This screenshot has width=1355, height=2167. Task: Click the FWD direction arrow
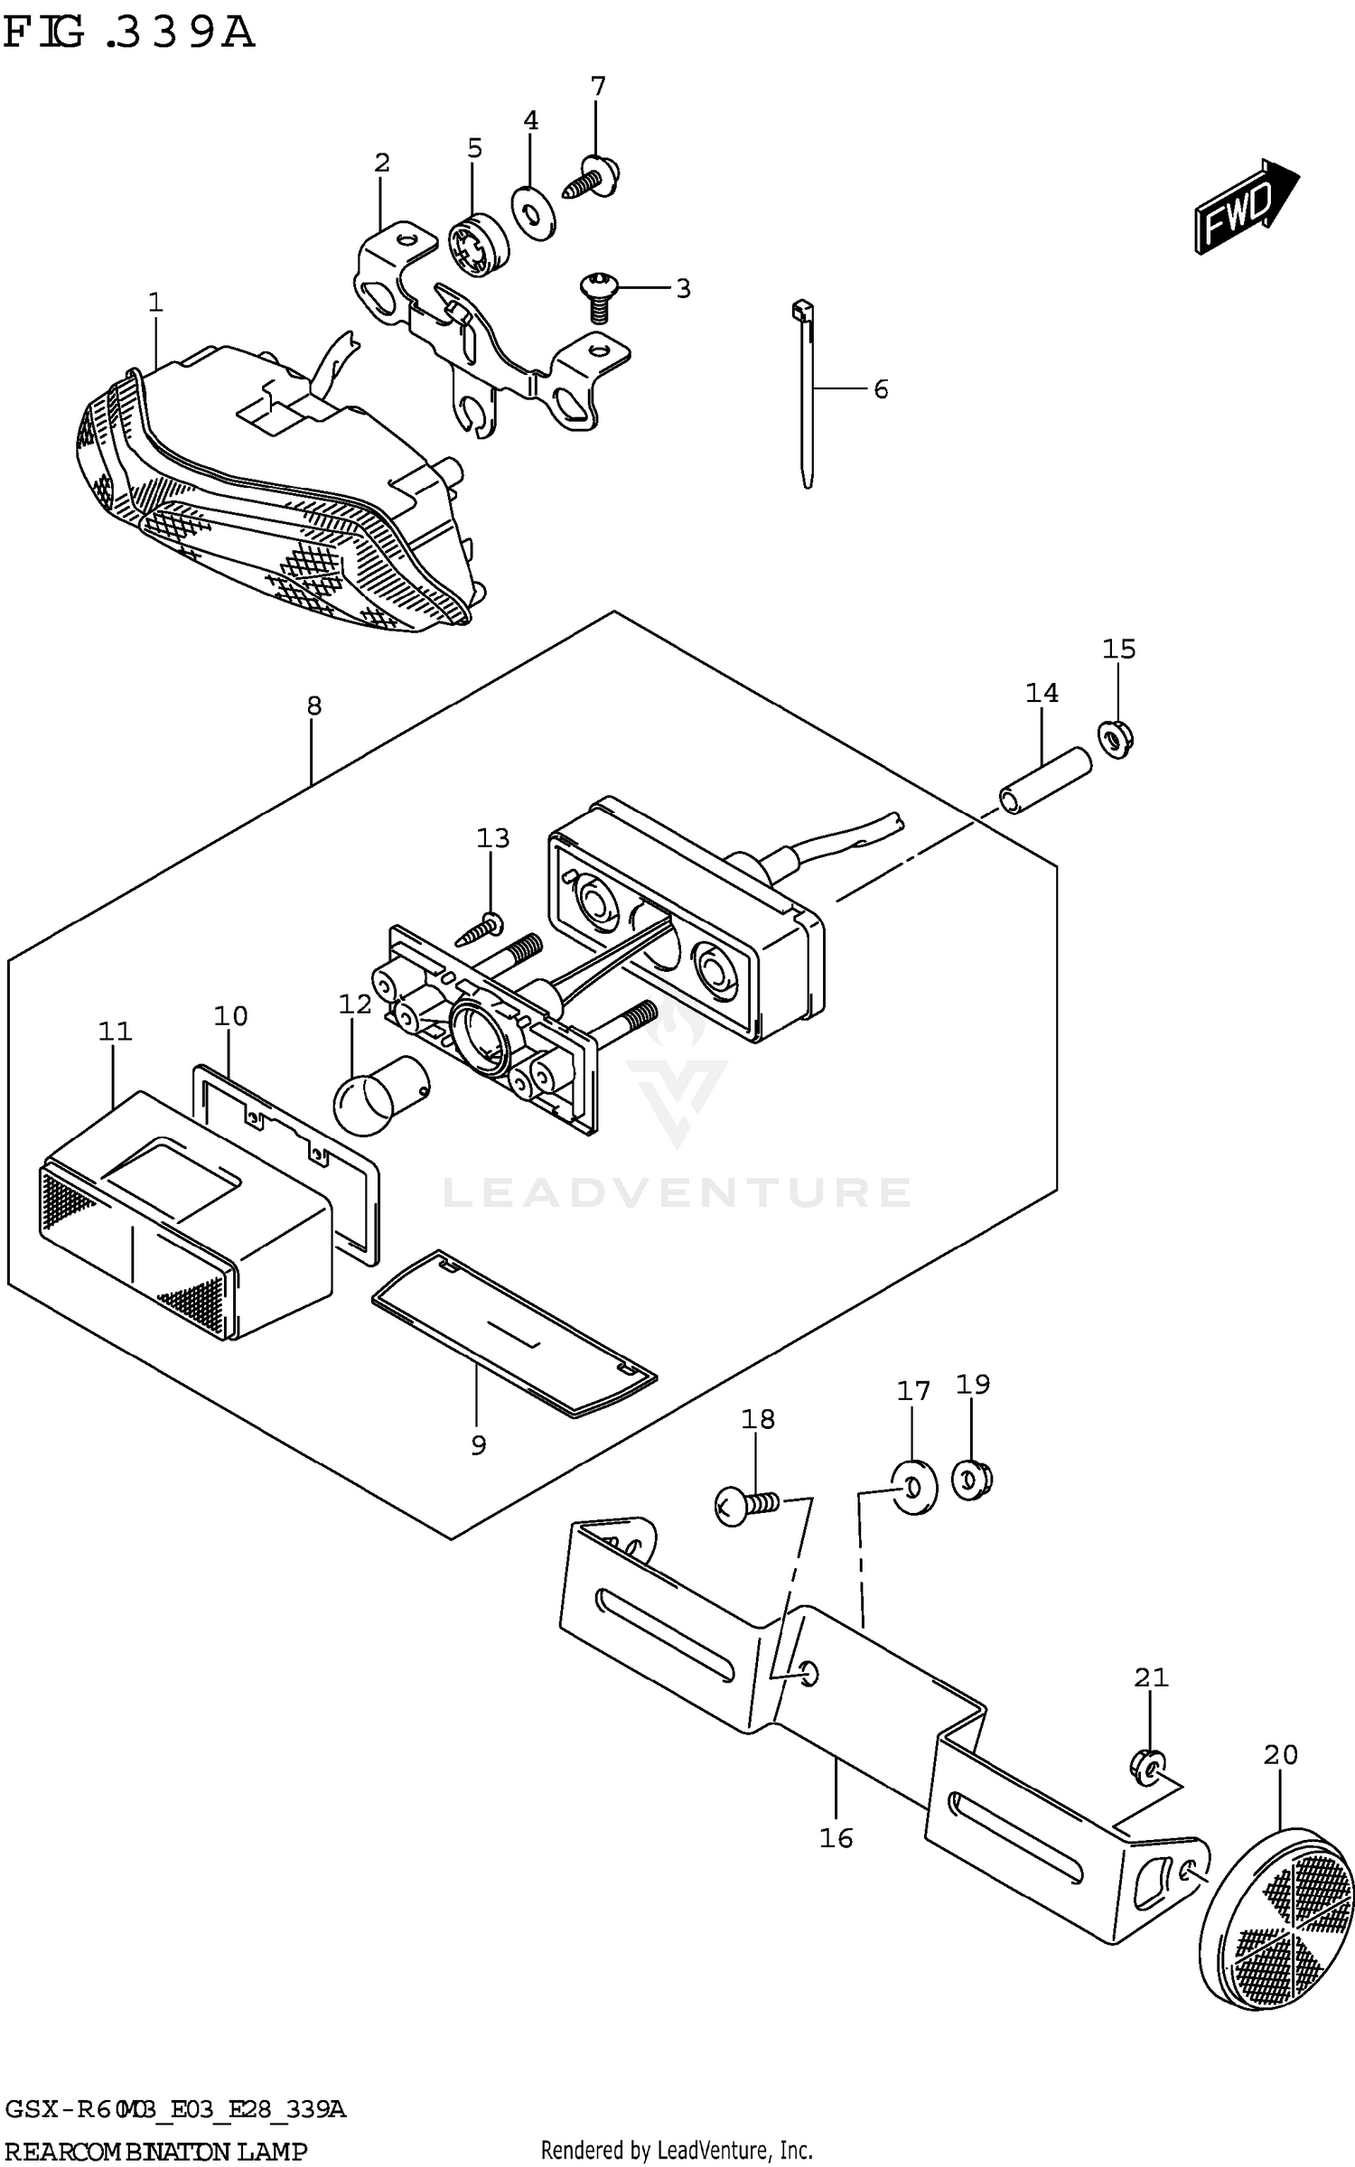[x=1245, y=207]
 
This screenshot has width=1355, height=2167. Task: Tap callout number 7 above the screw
[x=597, y=88]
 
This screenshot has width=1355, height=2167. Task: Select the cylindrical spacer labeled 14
[x=1045, y=778]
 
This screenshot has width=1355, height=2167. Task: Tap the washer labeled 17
[x=913, y=1486]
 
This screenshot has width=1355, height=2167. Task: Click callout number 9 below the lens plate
[x=478, y=1445]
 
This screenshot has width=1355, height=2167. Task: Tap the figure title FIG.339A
[x=129, y=33]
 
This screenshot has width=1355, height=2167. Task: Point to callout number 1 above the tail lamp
[x=155, y=303]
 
